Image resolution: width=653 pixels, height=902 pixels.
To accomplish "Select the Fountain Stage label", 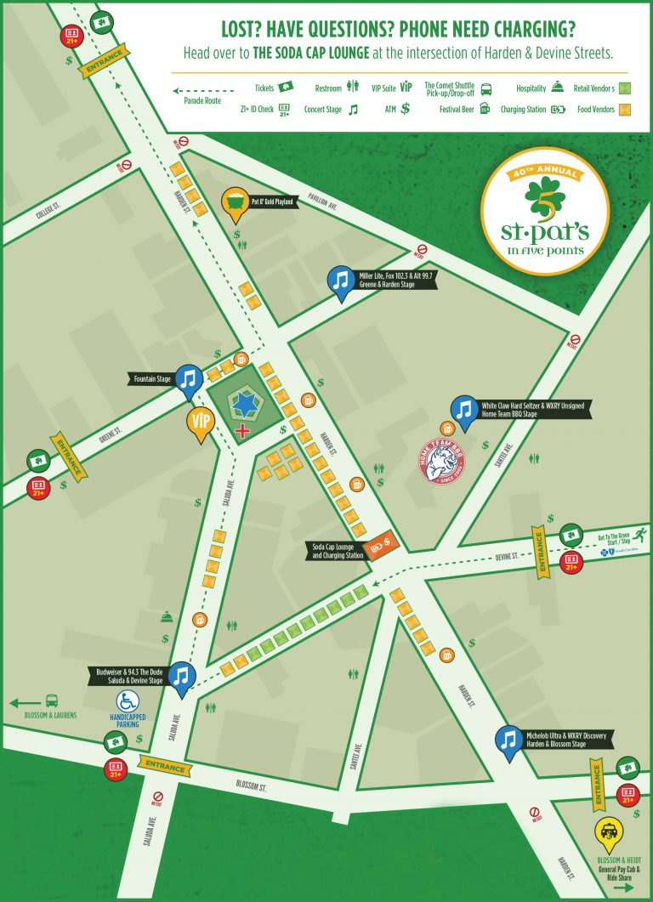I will [153, 377].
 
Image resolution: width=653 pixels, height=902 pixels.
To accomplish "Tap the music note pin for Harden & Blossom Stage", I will [508, 740].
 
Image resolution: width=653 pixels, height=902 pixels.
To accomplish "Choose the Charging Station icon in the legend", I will [558, 109].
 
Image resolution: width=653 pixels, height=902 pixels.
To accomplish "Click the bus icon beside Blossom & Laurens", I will [52, 702].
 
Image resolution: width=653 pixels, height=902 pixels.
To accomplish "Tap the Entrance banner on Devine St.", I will [537, 551].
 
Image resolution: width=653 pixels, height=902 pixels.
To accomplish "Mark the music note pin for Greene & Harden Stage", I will [342, 281].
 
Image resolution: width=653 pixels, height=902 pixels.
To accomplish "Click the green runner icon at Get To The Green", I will [639, 533].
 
